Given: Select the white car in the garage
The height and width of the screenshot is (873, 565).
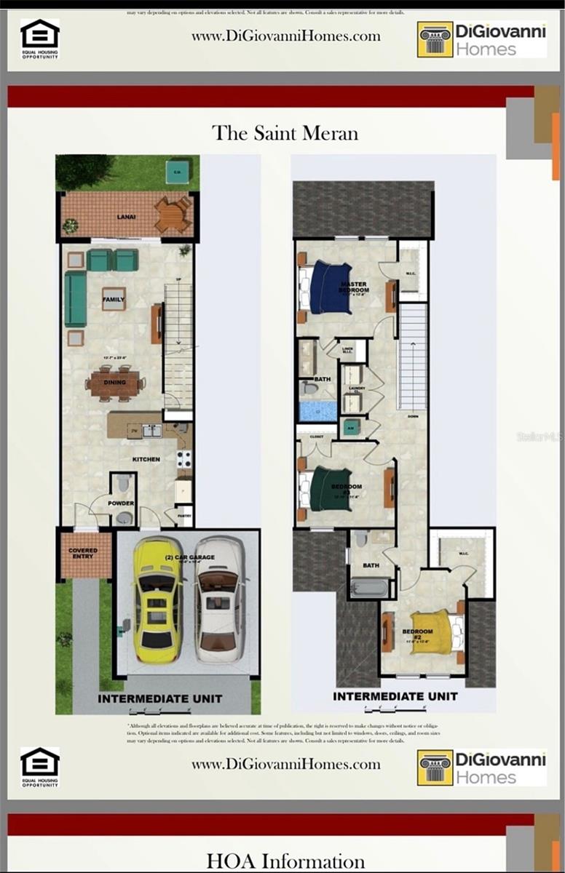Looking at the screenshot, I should [x=218, y=599].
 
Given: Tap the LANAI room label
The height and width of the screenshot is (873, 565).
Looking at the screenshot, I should [x=126, y=217].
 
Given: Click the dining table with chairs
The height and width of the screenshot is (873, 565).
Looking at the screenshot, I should [x=115, y=383].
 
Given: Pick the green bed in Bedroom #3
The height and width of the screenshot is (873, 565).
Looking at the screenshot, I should [x=331, y=489].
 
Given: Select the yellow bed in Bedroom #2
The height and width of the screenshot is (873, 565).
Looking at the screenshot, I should [x=431, y=634].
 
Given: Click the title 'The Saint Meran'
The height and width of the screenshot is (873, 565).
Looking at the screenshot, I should [x=285, y=134].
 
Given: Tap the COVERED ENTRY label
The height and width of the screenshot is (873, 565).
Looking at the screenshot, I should [x=83, y=554].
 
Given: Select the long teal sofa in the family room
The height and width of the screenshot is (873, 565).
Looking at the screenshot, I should [x=75, y=299].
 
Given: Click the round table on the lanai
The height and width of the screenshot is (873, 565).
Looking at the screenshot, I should [x=173, y=215].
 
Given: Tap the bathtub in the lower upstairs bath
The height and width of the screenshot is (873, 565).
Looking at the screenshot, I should [x=371, y=586].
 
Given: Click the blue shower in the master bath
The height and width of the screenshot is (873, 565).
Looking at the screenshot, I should [x=318, y=411].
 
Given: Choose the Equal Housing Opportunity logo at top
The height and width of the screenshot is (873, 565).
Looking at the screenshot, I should [x=40, y=38].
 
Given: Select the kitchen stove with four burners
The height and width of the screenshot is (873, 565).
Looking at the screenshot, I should [x=184, y=459].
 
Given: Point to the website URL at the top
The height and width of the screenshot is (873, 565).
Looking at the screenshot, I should [x=286, y=36].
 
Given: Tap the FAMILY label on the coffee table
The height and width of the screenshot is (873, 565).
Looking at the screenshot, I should [x=114, y=299].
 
